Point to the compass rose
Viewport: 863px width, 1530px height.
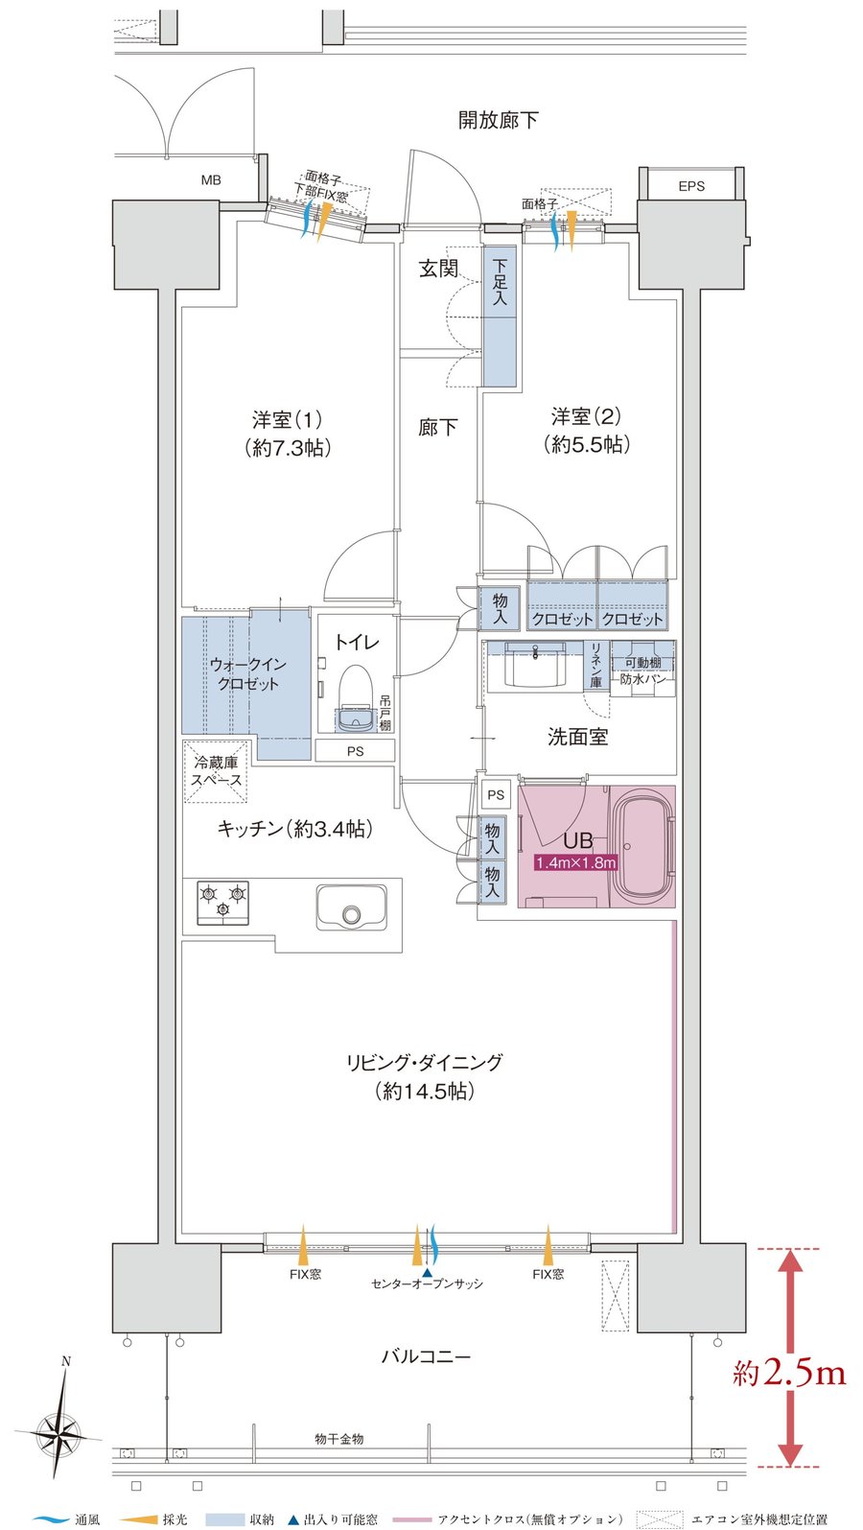tap(59, 1433)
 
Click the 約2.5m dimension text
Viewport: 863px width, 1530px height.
tap(788, 1374)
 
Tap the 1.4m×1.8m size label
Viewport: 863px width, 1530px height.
tap(575, 862)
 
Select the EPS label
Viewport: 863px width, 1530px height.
tap(690, 186)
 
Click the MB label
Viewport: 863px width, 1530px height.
tap(211, 179)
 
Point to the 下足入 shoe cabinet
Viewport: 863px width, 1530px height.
tap(500, 317)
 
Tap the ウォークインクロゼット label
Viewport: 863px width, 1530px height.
tap(246, 673)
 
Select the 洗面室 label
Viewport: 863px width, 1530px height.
tap(577, 737)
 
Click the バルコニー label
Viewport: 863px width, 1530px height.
tap(426, 1356)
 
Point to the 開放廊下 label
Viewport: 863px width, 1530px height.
tap(498, 120)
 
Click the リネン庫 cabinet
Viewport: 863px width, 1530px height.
tap(595, 666)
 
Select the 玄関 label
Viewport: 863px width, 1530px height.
tap(437, 269)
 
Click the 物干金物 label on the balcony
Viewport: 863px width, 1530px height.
tap(338, 1439)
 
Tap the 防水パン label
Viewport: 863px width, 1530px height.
tap(642, 679)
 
